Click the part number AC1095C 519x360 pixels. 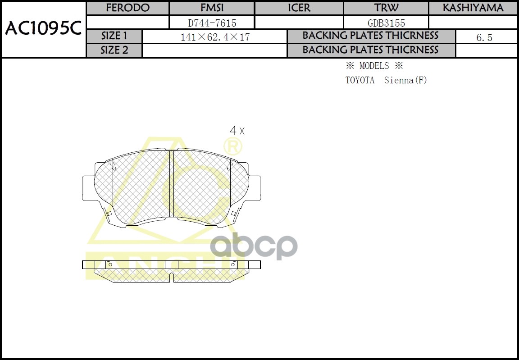43,29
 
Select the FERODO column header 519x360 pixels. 127,8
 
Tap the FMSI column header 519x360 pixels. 212,8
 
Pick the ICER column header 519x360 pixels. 299,8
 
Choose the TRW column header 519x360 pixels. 386,8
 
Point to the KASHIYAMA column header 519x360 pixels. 473,8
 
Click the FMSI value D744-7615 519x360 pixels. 212,23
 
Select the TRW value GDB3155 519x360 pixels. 386,23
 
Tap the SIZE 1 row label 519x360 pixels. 114,36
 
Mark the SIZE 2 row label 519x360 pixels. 114,50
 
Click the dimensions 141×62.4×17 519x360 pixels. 215,37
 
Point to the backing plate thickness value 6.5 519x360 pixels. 484,37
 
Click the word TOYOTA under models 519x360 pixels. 360,81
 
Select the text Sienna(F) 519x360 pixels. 405,81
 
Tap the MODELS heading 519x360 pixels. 374,66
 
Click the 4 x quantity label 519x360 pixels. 237,131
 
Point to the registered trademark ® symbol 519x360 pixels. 233,146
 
